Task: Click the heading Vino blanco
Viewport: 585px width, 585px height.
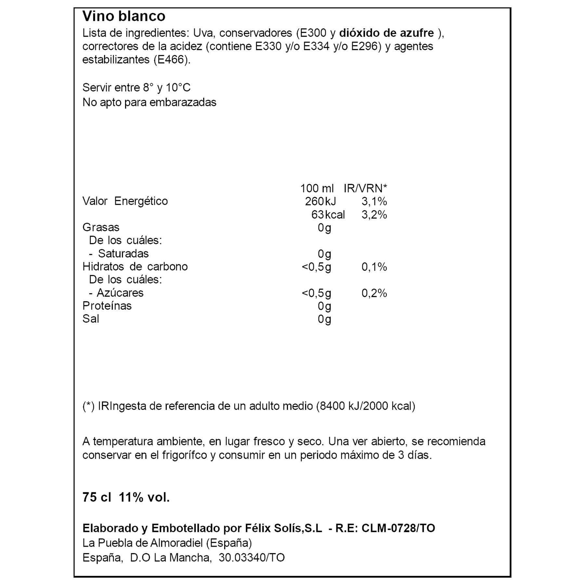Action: [x=124, y=16]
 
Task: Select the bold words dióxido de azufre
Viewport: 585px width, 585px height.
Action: [x=386, y=33]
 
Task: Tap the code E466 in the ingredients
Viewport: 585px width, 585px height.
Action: [x=171, y=60]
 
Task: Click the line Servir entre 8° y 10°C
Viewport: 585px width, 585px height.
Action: [x=136, y=88]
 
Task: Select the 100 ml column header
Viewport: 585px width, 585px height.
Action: [x=317, y=188]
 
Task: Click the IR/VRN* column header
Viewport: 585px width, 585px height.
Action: [x=365, y=188]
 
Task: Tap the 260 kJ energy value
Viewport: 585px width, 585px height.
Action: [x=320, y=201]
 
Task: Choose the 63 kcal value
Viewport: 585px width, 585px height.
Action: [x=328, y=215]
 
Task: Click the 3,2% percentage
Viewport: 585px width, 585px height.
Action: [x=374, y=215]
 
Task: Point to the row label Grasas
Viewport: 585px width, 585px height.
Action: [x=101, y=227]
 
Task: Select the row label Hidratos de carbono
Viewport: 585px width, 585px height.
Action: [x=135, y=266]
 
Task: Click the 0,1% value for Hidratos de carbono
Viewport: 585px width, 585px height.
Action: [x=374, y=267]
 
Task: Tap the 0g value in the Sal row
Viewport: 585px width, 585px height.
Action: [x=324, y=319]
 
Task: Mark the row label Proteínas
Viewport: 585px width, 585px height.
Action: [x=107, y=306]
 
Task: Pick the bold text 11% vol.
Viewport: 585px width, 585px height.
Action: [x=144, y=498]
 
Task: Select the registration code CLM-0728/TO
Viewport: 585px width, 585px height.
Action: [x=398, y=528]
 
